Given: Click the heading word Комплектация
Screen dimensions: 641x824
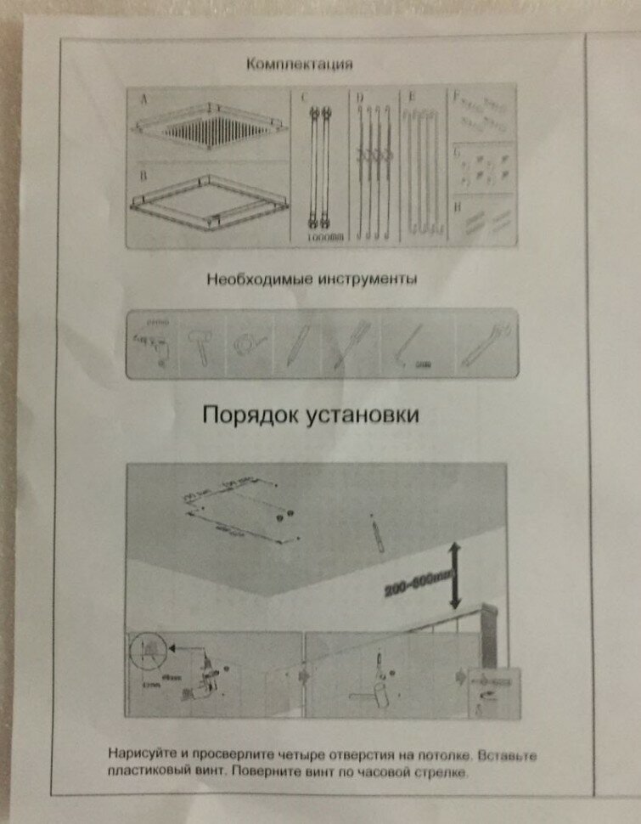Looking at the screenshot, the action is click(298, 65).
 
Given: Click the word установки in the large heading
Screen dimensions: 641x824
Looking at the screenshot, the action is click(362, 415).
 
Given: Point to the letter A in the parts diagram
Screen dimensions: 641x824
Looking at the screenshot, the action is click(143, 99).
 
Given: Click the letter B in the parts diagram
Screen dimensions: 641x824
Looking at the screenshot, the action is click(144, 175).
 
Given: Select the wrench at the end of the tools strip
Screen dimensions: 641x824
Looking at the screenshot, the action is click(483, 344).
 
